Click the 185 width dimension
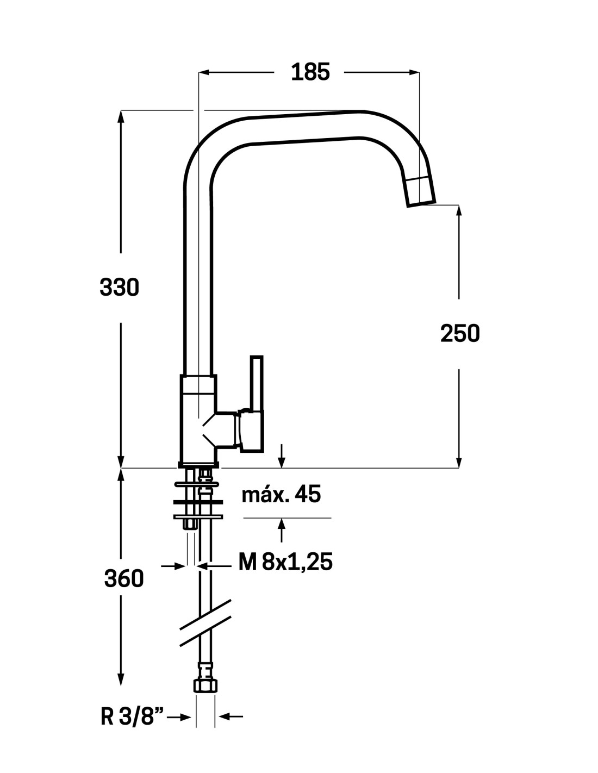pyautogui.click(x=310, y=72)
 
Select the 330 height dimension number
pyautogui.click(x=120, y=287)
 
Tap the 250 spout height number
pyautogui.click(x=460, y=333)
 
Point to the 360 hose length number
pyautogui.click(x=124, y=579)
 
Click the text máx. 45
pyautogui.click(x=281, y=495)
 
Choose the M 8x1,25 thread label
pyautogui.click(x=285, y=562)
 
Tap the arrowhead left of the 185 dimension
pyautogui.click(x=204, y=72)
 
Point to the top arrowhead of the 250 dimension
pyautogui.click(x=460, y=210)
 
